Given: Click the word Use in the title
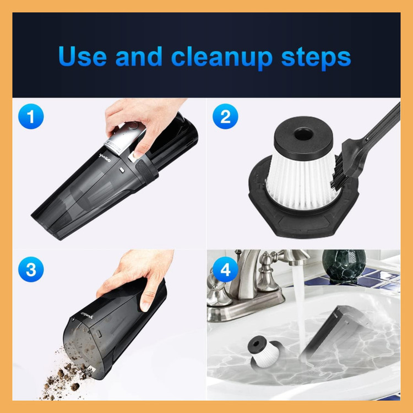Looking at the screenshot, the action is pyautogui.click(x=83, y=56).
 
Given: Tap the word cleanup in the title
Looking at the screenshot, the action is pyautogui.click(x=222, y=58).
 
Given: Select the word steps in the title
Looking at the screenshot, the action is pyautogui.click(x=316, y=58).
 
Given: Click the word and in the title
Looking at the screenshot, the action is pyautogui.click(x=139, y=56).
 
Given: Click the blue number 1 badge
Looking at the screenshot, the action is pyautogui.click(x=31, y=116).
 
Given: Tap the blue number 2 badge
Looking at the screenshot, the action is pyautogui.click(x=225, y=116).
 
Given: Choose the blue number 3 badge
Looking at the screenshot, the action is pyautogui.click(x=31, y=269).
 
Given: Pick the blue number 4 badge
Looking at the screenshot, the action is pyautogui.click(x=225, y=269).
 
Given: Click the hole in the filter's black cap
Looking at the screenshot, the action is pyautogui.click(x=303, y=134).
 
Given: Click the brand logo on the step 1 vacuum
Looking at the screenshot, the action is pyautogui.click(x=105, y=158).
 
